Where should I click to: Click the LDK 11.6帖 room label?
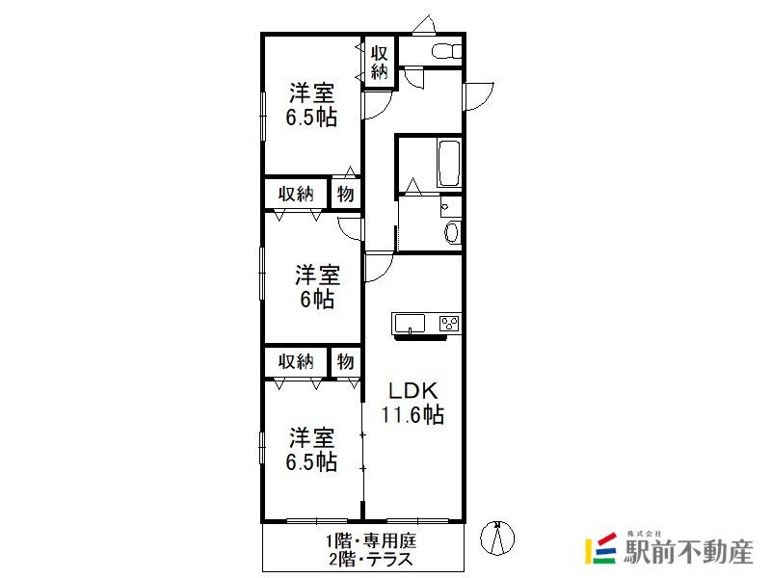[412, 403]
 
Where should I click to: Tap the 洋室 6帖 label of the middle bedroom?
[317, 287]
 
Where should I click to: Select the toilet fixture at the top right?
[446, 51]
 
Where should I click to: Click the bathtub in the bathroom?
[449, 163]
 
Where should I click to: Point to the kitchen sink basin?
[410, 324]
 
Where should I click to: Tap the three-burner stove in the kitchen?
[449, 324]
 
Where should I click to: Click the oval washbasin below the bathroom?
[452, 231]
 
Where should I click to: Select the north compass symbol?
[497, 539]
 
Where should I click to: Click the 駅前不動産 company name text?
[688, 551]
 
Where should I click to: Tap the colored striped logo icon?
[600, 548]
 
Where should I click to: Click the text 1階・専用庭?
[371, 541]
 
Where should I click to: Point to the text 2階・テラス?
[371, 560]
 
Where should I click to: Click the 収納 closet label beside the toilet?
[379, 63]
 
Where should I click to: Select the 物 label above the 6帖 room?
[345, 194]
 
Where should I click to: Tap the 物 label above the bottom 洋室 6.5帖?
[345, 362]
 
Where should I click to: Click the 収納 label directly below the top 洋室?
[296, 194]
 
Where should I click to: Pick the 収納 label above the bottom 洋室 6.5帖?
[296, 362]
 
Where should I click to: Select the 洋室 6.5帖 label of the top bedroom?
[311, 105]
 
